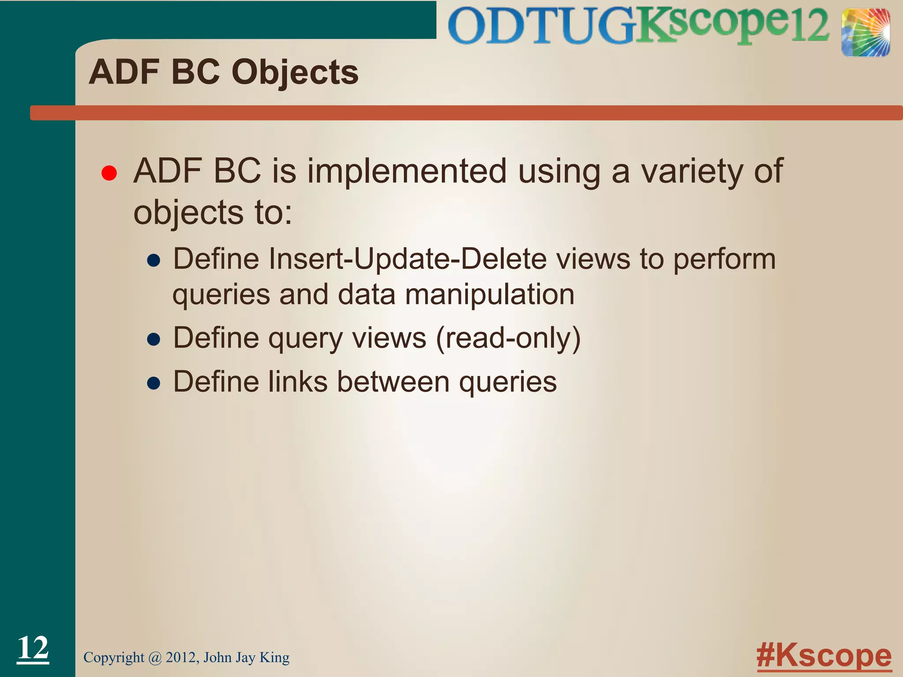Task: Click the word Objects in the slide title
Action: [295, 73]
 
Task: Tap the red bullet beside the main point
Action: [109, 173]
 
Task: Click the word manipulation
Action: [489, 294]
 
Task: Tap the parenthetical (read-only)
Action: [508, 338]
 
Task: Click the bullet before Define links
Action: [153, 383]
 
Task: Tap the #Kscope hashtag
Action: [824, 656]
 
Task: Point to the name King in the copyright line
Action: [274, 658]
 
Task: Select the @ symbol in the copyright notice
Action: [155, 658]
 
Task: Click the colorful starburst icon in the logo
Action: [866, 33]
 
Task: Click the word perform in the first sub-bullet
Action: [724, 259]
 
